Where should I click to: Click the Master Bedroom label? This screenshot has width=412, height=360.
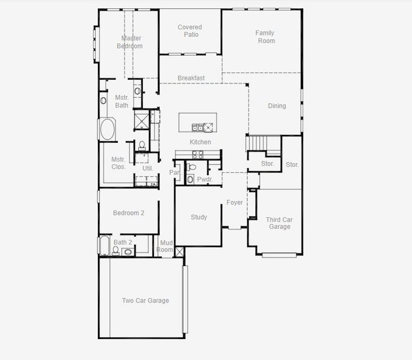coord(132,42)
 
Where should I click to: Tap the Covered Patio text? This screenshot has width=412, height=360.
coord(190,31)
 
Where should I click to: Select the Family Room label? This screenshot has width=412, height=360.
coord(265,37)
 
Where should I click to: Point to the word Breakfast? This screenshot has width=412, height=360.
coord(191,78)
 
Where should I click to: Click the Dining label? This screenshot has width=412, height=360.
coord(277,106)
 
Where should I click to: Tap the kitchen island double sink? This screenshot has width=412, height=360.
coord(196,127)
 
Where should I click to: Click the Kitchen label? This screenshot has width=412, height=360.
coord(201,142)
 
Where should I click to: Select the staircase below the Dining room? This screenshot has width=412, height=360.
coord(264,143)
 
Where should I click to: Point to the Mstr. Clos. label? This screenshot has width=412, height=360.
coord(118,163)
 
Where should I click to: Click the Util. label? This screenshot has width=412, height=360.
coord(148,168)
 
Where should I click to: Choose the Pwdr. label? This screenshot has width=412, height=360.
coord(205,179)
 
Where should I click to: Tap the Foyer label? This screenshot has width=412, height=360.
coord(235,203)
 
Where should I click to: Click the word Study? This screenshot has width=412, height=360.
coord(199,217)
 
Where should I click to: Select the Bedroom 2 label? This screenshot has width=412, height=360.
coord(129,212)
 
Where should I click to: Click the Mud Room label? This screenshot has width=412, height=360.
coord(165,246)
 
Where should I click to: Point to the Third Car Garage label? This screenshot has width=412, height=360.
coord(279,223)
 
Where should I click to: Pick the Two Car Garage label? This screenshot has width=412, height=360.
coord(145,301)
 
